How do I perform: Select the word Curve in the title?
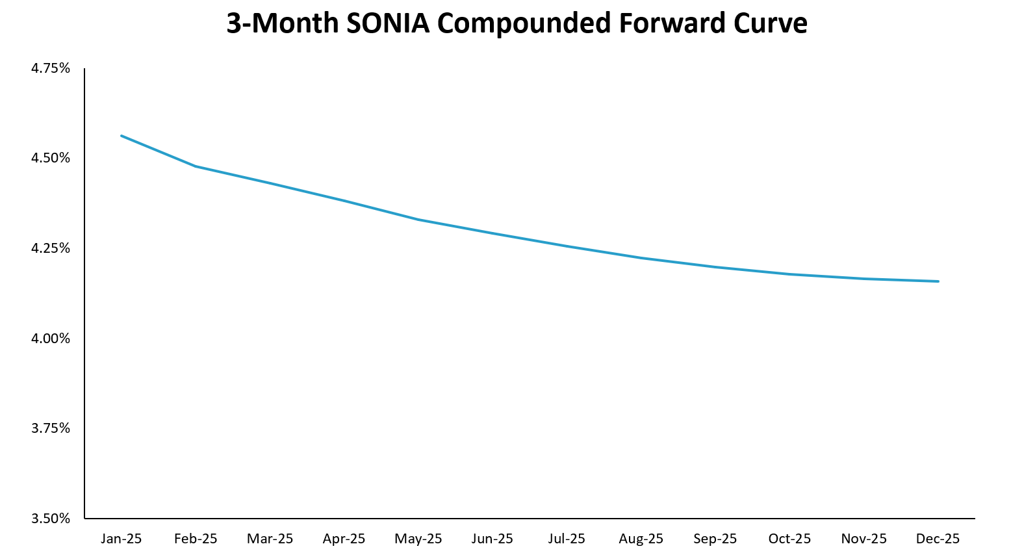pyautogui.click(x=770, y=24)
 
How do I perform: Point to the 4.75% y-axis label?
pyautogui.click(x=51, y=68)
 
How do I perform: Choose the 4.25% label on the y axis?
pyautogui.click(x=51, y=248)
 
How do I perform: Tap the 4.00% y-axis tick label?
pyautogui.click(x=51, y=339)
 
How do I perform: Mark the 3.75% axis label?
pyautogui.click(x=51, y=428)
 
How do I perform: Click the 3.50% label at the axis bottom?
pyautogui.click(x=51, y=519)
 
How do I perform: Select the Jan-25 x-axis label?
pyautogui.click(x=122, y=539)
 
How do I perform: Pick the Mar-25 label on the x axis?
pyautogui.click(x=270, y=539)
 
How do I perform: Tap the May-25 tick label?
pyautogui.click(x=418, y=539)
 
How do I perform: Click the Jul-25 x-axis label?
pyautogui.click(x=567, y=539)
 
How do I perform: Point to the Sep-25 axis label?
pyautogui.click(x=715, y=539)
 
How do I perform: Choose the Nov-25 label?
pyautogui.click(x=864, y=539)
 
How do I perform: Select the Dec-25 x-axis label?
pyautogui.click(x=938, y=539)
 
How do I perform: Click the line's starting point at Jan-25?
pyautogui.click(x=122, y=136)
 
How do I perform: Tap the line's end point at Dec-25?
pyautogui.click(x=938, y=281)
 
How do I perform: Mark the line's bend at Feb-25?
pyautogui.click(x=196, y=166)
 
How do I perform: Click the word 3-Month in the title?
pyautogui.click(x=282, y=24)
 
